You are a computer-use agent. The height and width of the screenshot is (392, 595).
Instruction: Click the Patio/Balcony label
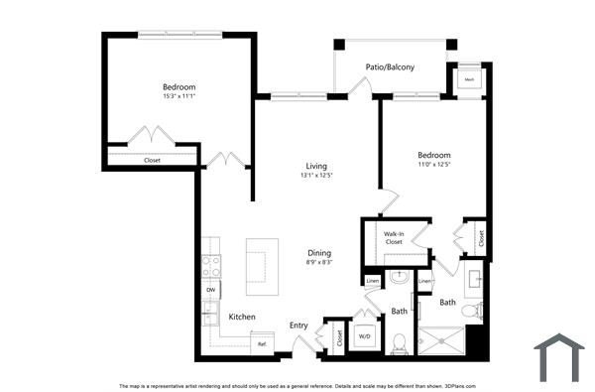pos(390,67)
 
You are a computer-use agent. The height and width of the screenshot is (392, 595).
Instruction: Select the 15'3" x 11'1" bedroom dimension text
pos(178,96)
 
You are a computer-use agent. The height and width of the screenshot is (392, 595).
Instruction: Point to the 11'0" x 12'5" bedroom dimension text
pos(433,165)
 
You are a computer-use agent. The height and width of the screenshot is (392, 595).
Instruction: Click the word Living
pos(316,166)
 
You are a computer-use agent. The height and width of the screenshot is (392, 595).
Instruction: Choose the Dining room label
pos(318,252)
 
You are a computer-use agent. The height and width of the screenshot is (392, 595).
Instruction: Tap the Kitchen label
pos(242,317)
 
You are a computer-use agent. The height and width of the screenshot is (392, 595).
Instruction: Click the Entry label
pos(298,325)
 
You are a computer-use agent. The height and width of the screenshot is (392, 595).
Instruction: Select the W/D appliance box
pos(364,336)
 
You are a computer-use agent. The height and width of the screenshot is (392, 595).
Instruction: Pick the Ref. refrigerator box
pos(262,343)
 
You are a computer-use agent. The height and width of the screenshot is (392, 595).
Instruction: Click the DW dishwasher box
pos(211,290)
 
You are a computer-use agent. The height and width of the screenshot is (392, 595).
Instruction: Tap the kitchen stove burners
pos(211,266)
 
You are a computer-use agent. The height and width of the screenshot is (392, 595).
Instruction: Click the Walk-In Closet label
pos(394,237)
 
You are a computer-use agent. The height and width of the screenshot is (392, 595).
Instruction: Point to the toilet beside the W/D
pos(399,343)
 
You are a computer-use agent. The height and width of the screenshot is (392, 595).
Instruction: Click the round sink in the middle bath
pos(400,278)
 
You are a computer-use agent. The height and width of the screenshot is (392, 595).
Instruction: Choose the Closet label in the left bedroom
pos(152,160)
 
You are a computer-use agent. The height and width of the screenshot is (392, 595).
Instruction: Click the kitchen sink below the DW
pos(211,315)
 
